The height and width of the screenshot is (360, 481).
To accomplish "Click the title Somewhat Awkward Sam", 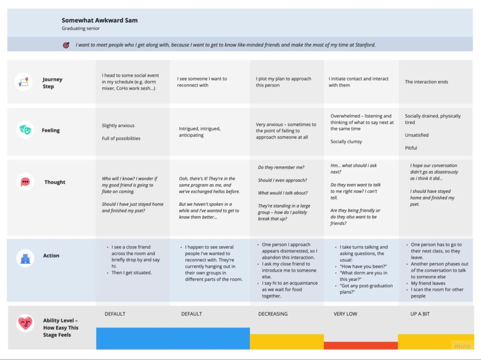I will click(x=100, y=20).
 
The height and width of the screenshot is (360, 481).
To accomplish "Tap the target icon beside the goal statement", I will click(x=66, y=45).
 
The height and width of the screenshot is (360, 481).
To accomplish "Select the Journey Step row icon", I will click(x=23, y=82).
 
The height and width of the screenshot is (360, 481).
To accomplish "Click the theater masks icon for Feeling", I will click(x=25, y=130).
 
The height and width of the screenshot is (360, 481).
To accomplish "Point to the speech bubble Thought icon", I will click(x=25, y=181).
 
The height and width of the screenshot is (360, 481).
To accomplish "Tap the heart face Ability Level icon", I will click(x=25, y=323).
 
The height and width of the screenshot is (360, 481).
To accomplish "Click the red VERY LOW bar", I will click(x=361, y=345).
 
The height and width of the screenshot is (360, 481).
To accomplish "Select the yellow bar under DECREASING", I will click(x=287, y=342).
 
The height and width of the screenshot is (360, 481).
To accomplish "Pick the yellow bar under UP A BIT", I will click(x=435, y=342).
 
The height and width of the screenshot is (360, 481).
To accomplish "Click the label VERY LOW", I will click(x=345, y=314).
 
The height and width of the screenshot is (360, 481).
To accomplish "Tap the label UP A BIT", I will click(x=419, y=314).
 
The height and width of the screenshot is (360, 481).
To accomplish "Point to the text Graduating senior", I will click(x=80, y=29).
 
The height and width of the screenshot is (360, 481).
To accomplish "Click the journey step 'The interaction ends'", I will click(x=427, y=82).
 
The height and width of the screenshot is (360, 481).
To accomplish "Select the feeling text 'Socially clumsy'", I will click(x=347, y=141).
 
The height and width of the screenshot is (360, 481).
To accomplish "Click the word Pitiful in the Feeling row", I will click(x=411, y=148).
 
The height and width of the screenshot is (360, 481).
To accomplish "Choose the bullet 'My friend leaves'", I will click(x=428, y=283).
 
